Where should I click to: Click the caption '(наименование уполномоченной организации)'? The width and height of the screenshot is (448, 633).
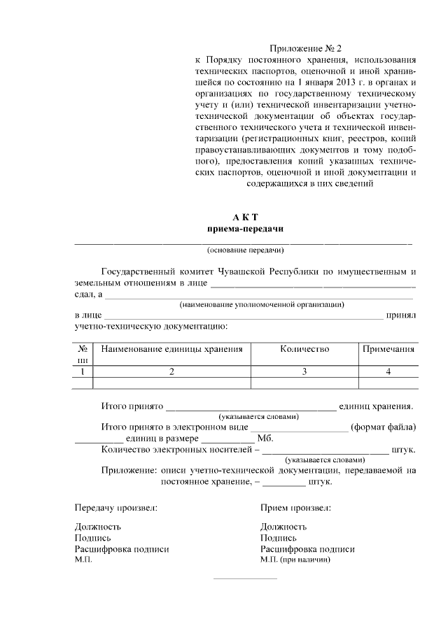[261, 305]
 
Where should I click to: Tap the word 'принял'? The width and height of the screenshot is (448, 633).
[401, 315]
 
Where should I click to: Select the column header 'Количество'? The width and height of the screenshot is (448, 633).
[304, 349]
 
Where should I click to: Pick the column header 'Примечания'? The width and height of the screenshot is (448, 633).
[387, 349]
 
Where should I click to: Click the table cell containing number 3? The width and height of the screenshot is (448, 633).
[304, 371]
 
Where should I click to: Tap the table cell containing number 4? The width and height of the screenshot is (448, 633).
[387, 371]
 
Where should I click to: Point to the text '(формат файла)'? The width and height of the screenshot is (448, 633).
[384, 427]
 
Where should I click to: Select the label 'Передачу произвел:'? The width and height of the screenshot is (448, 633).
[115, 507]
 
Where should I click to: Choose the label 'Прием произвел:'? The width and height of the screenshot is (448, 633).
[295, 507]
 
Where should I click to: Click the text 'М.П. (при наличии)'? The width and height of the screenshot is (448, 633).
[295, 560]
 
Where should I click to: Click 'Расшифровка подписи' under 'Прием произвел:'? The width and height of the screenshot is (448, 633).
[307, 549]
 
